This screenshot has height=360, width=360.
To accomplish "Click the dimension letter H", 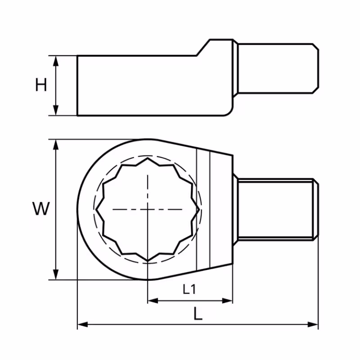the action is tap(41, 85).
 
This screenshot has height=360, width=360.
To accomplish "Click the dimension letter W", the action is tap(41, 208).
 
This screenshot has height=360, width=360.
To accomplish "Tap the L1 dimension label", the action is tap(189, 289).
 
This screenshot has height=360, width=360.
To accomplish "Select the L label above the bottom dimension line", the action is tap(198, 314).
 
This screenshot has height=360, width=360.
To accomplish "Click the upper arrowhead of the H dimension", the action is tap(56, 61).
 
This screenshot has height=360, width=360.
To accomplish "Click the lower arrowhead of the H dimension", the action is tap(56, 110).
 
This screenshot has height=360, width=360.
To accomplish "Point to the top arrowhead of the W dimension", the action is tap(56, 144).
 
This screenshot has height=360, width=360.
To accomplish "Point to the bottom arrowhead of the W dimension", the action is tap(56, 274).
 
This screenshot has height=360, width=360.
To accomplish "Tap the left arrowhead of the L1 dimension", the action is tap(153, 301).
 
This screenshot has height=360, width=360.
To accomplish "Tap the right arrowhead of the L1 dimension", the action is tap(227, 301).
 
